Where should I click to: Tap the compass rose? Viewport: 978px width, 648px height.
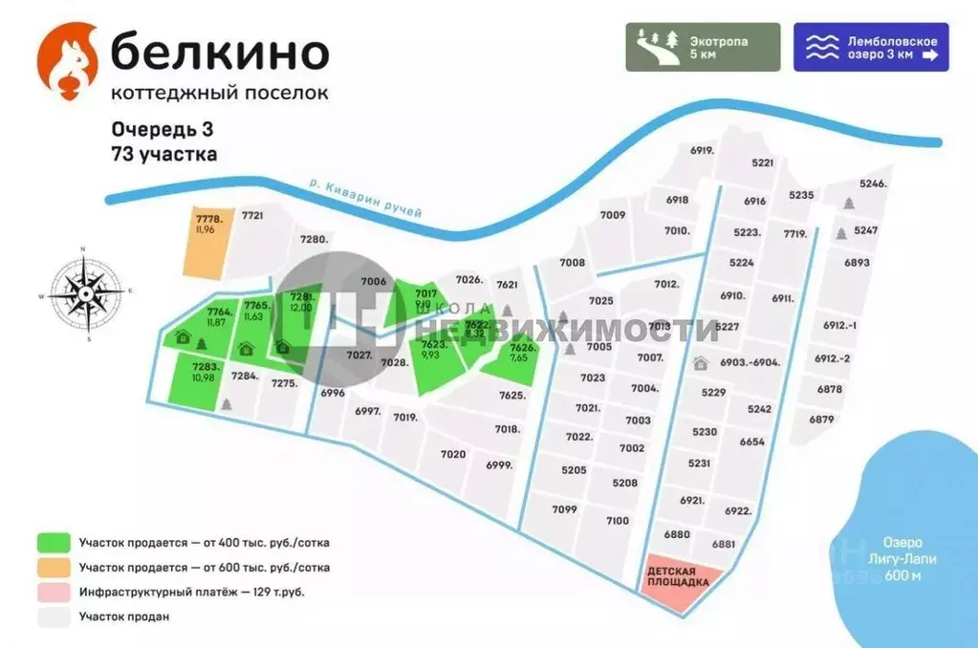click(84, 294)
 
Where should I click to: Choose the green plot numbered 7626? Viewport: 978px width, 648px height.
click(522, 358)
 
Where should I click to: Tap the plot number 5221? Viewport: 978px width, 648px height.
click(762, 163)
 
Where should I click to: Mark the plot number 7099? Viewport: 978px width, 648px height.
click(565, 509)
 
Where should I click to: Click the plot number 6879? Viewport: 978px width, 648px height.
click(821, 419)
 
